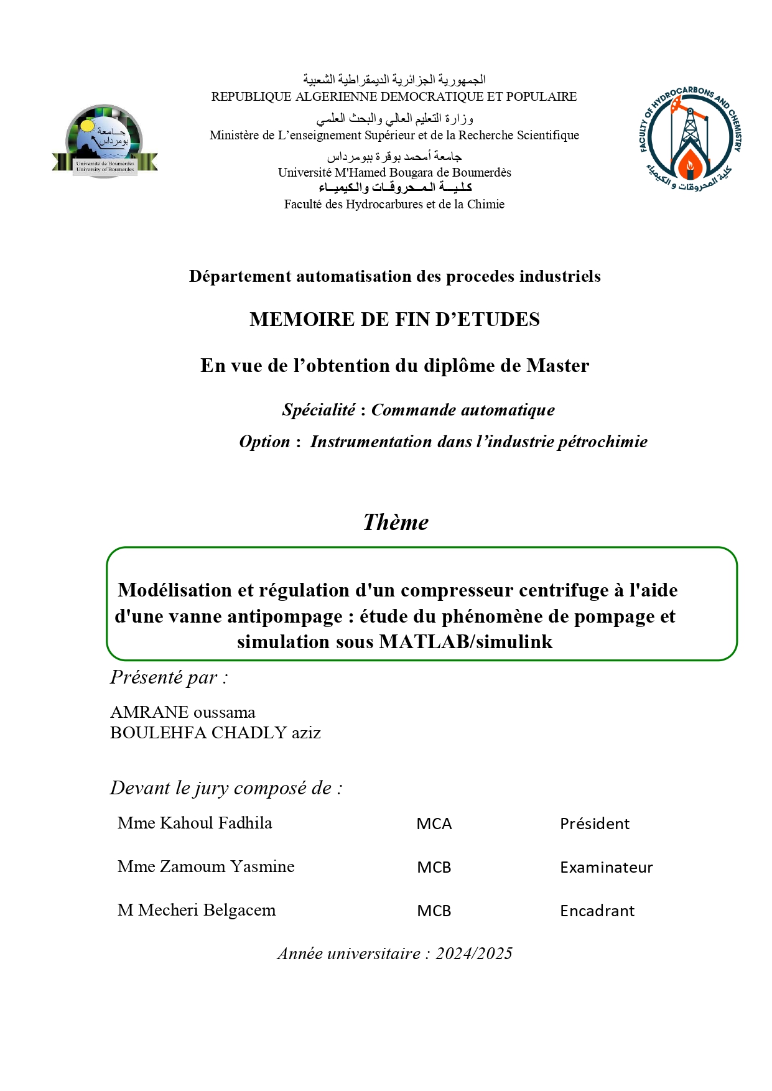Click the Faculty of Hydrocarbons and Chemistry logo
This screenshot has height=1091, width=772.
point(691,139)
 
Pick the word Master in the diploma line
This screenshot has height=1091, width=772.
point(557,366)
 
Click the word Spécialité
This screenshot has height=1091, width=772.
point(319,410)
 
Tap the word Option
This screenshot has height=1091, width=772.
point(264,442)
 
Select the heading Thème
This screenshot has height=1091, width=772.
point(396,522)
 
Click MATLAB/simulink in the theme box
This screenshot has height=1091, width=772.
point(465,642)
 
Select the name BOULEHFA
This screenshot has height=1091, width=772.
point(159,733)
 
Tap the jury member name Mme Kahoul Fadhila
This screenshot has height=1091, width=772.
point(195,823)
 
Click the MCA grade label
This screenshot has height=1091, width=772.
point(434,824)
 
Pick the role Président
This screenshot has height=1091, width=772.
point(595,824)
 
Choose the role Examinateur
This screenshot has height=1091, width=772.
point(607,868)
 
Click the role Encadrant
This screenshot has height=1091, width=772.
point(597,911)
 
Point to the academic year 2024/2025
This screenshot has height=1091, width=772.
point(474,954)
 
